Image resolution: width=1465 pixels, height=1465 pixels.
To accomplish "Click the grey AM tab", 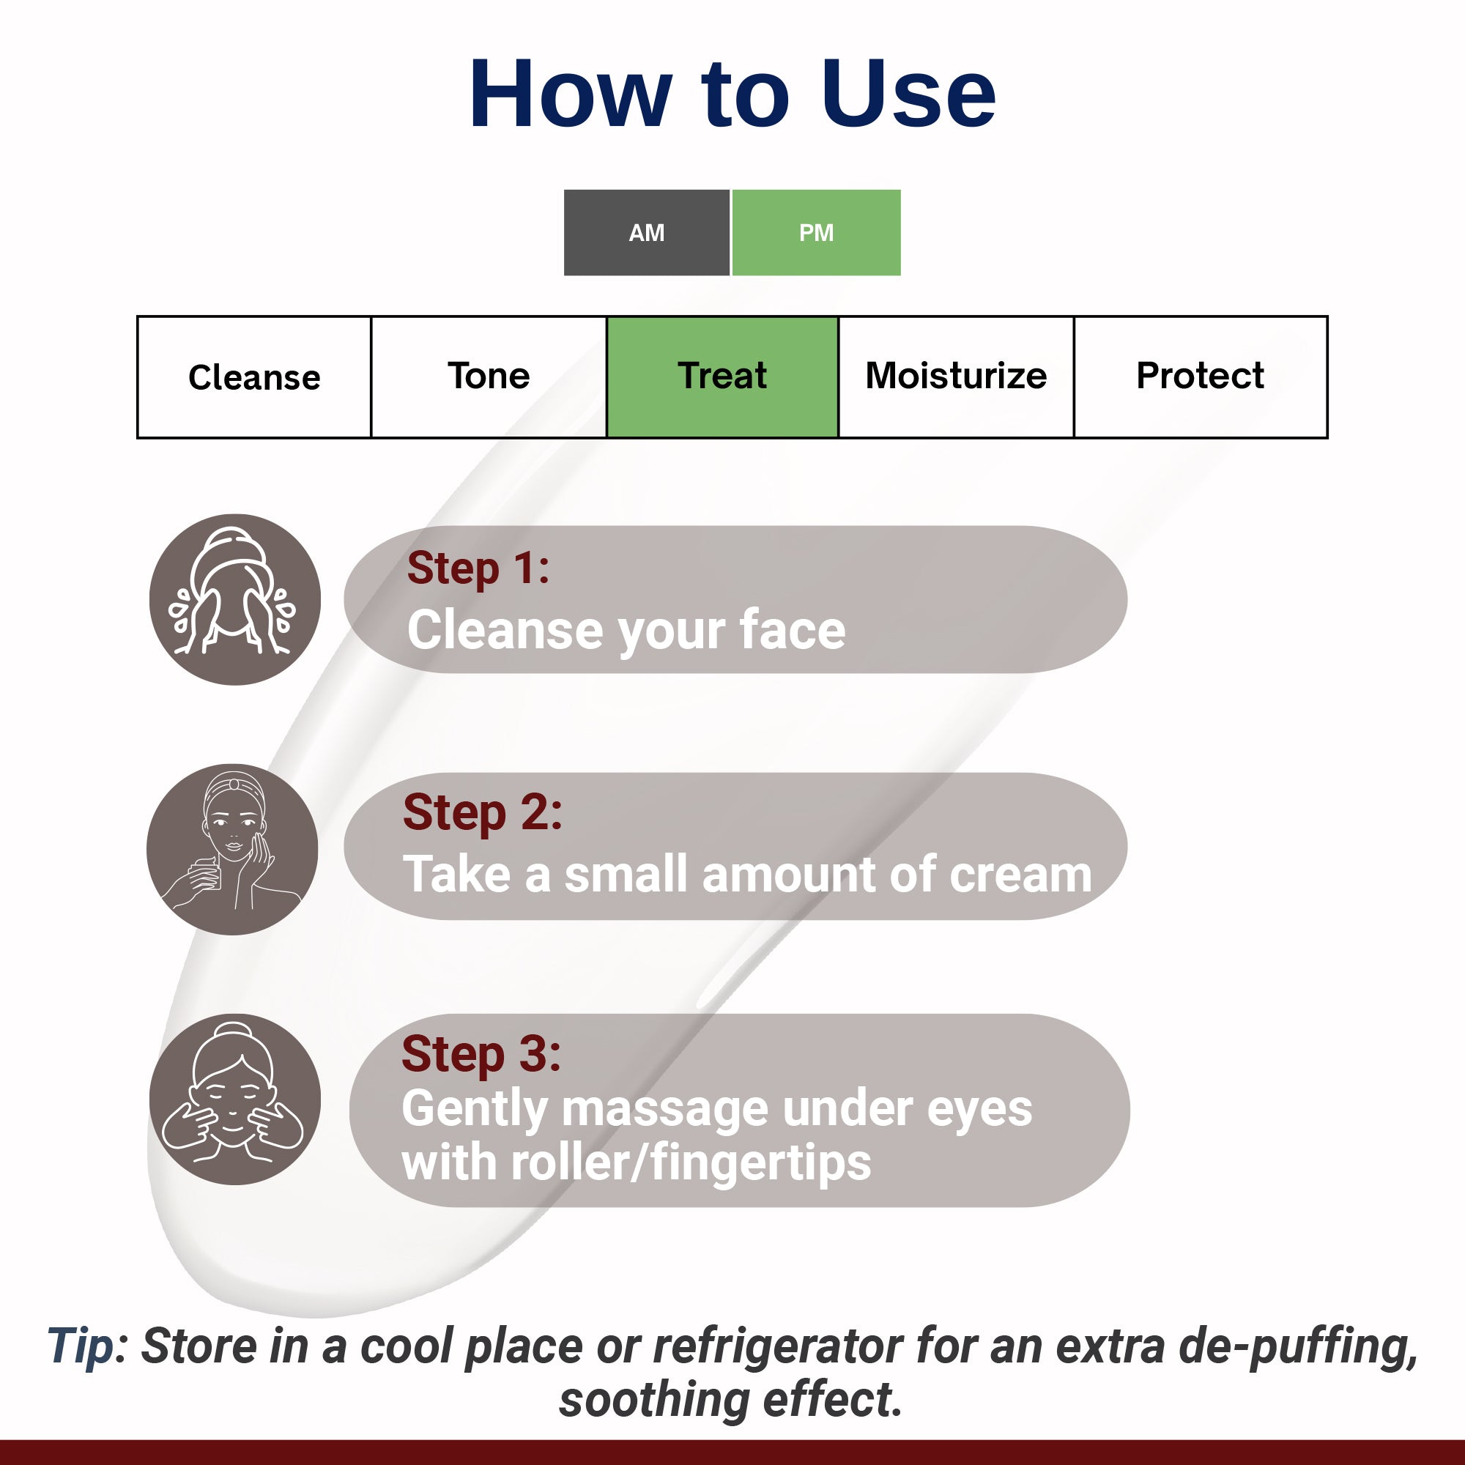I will (646, 233).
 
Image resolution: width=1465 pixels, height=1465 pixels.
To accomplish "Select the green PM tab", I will (816, 233).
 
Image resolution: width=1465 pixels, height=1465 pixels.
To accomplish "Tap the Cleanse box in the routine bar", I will (254, 377).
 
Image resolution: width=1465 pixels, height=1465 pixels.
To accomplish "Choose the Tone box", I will (489, 377).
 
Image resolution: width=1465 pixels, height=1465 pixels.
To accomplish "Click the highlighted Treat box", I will (722, 377).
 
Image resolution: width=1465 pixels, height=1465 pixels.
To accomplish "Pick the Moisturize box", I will (955, 377).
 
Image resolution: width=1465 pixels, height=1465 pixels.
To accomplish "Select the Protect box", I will (1200, 377).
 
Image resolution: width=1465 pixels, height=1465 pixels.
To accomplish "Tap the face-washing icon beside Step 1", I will (234, 599).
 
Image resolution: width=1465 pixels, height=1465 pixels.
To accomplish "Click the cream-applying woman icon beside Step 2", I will (232, 848).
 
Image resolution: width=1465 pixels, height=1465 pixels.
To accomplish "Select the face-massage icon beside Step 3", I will (234, 1099).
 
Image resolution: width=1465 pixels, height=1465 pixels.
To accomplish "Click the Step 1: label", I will (478, 568).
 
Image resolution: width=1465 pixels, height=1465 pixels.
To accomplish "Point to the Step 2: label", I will (482, 813).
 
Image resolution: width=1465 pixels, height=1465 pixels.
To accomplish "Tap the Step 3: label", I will (481, 1054).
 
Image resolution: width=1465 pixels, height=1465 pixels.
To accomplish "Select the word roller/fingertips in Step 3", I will (691, 1162).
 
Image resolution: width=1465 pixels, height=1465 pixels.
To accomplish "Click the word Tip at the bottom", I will (81, 1346).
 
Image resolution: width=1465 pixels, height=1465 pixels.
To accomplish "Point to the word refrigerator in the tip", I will (778, 1346).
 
